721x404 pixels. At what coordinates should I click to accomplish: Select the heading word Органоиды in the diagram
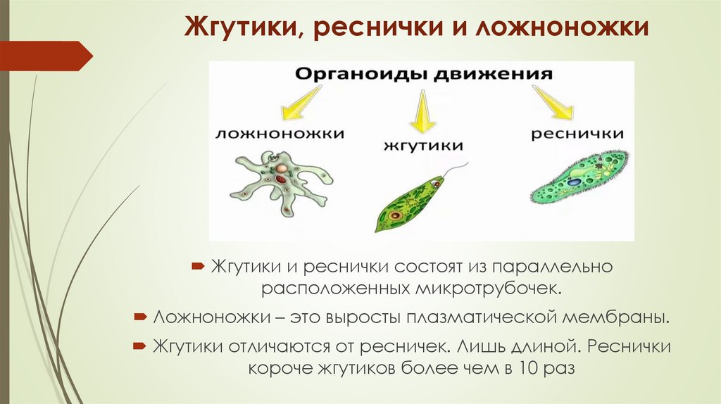click(x=352, y=74)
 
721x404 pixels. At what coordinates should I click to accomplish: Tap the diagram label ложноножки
click(x=280, y=133)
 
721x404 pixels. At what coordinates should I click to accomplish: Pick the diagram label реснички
click(x=577, y=133)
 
